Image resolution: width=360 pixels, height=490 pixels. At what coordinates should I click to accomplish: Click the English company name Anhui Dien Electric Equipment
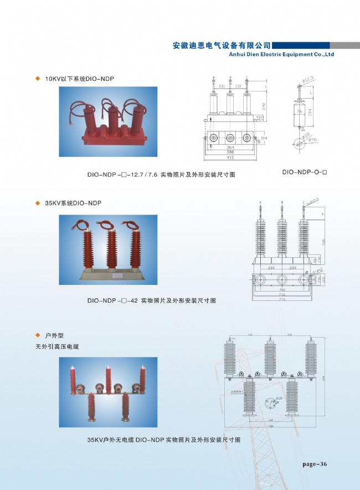(x=281, y=55)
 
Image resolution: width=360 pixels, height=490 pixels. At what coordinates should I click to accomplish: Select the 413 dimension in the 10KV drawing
(x=230, y=157)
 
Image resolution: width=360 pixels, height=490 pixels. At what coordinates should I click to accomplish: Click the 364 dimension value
(x=230, y=147)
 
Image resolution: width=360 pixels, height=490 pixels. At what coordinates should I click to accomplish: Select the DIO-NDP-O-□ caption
(x=305, y=172)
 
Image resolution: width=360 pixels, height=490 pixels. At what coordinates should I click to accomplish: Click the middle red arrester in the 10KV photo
(x=114, y=119)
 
